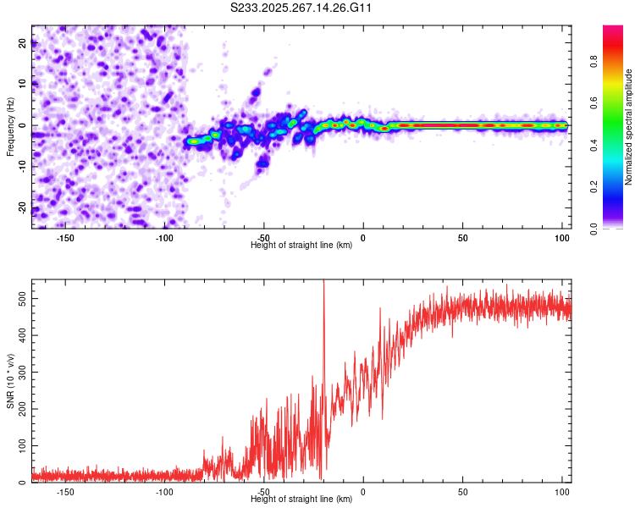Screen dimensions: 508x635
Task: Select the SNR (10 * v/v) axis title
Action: click(10, 381)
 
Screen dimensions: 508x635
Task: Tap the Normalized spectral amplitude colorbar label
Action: click(629, 127)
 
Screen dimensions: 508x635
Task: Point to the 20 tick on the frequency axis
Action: click(23, 43)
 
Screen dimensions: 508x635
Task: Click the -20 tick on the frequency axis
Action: click(21, 208)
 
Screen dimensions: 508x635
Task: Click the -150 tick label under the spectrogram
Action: click(65, 238)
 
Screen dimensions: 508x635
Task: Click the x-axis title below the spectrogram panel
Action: click(301, 246)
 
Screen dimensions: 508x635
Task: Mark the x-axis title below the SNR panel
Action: click(301, 500)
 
